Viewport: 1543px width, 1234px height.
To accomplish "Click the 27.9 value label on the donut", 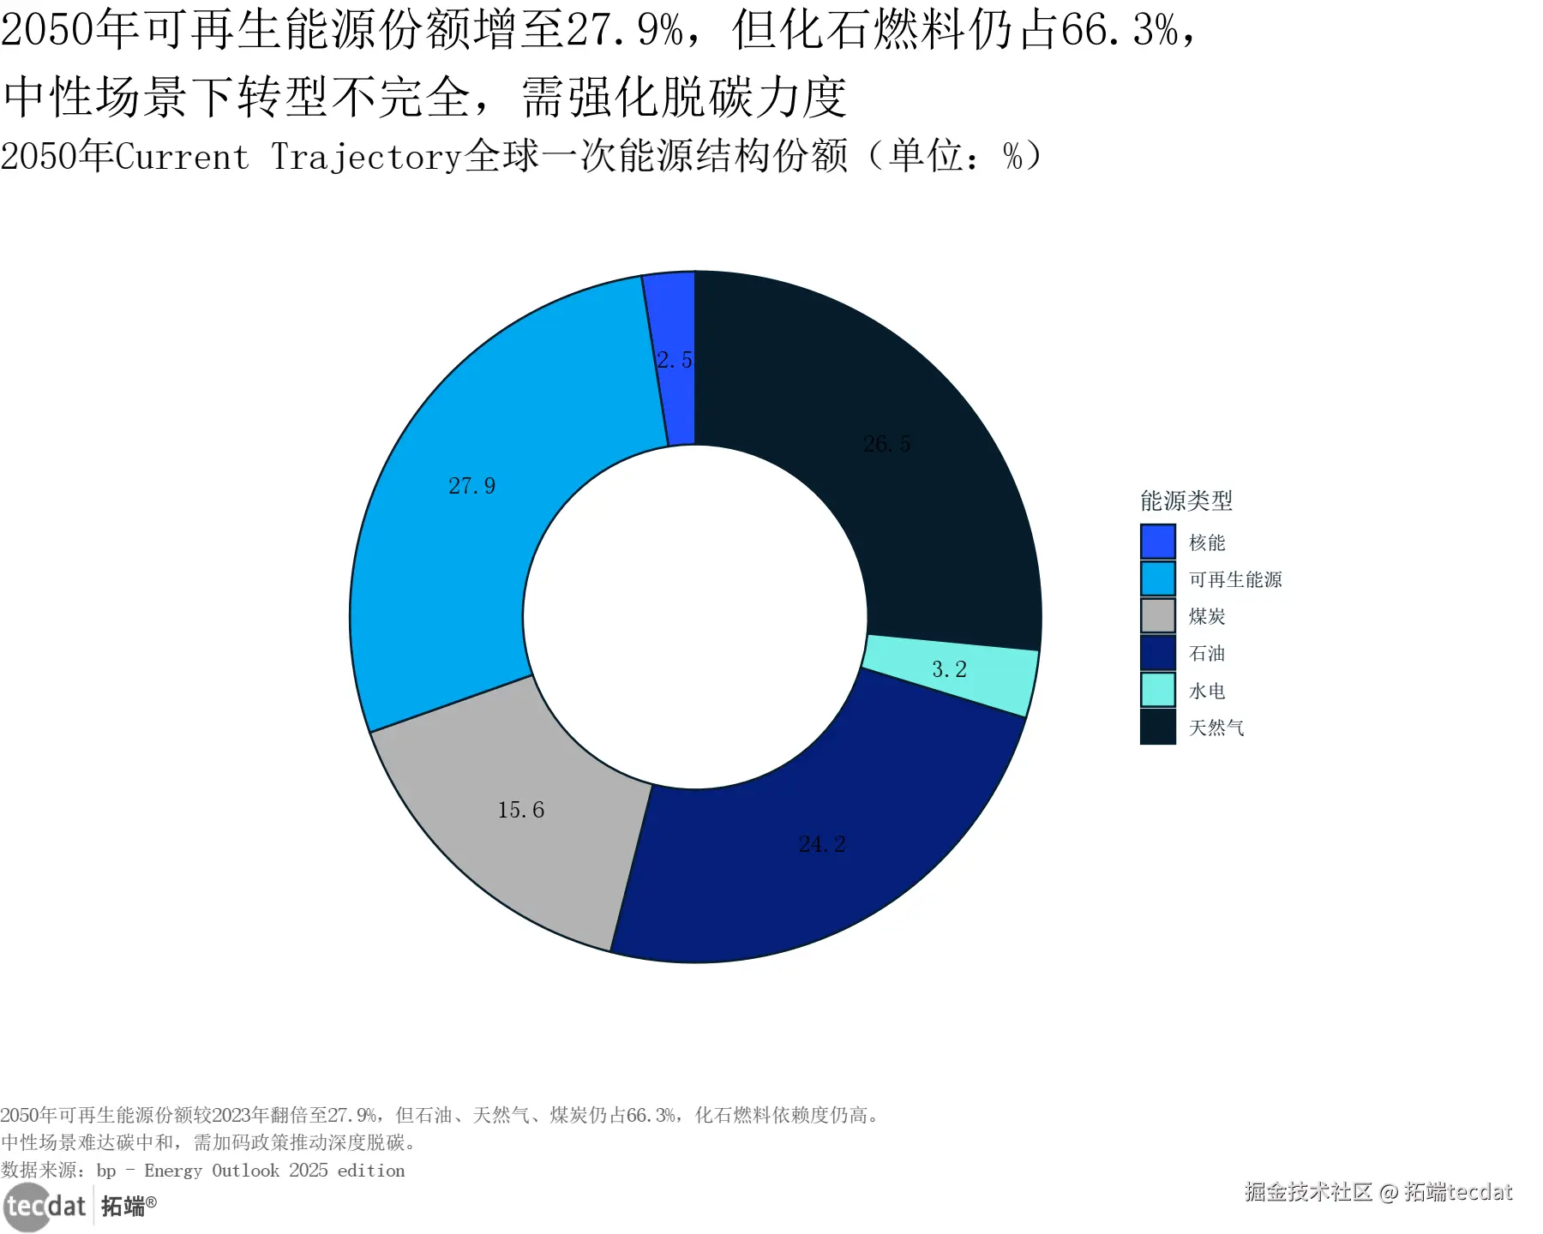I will point(471,486).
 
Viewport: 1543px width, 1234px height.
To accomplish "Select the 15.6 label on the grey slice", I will point(520,810).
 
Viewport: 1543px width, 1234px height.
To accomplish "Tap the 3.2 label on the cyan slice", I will point(949,669).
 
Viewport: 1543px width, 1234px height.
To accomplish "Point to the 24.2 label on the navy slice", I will point(821,844).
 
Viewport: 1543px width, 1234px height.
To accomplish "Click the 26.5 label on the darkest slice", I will point(886,444).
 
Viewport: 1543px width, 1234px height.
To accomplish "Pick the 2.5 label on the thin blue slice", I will point(675,360).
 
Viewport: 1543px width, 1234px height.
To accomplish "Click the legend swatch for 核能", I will point(1157,542).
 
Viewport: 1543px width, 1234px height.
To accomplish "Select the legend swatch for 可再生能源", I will point(1157,578).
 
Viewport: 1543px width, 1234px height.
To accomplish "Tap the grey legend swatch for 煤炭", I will point(1157,616).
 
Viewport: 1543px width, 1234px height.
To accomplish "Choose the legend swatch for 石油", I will point(1157,653).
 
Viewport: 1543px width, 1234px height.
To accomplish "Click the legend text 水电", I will point(1207,691).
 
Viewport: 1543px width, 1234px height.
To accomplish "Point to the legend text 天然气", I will point(1216,728).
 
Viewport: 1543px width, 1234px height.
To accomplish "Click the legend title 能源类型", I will point(1186,500).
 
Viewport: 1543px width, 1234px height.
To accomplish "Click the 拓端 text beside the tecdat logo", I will point(123,1207).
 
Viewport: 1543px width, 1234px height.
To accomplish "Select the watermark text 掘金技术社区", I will point(1307,1192).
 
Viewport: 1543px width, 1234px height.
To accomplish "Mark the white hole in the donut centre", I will point(695,617).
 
